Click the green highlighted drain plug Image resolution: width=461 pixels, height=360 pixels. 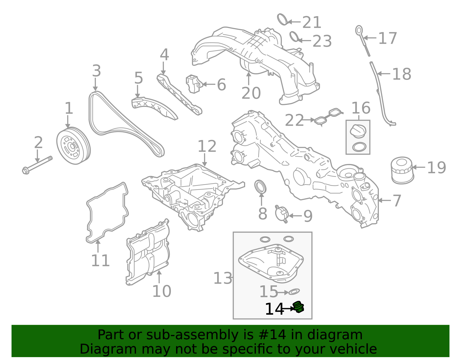coord(298,307)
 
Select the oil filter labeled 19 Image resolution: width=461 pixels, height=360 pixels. coord(402,170)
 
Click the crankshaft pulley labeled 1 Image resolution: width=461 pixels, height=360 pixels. coord(73,146)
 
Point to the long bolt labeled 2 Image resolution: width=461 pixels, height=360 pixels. coord(37,165)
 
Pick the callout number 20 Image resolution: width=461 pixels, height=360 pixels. coord(251,93)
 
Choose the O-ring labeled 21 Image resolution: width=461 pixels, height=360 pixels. coord(283,19)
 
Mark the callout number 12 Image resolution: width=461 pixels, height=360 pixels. coord(207,146)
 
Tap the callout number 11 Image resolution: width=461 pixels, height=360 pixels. coord(100,260)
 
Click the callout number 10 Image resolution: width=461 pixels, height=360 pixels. coord(162,291)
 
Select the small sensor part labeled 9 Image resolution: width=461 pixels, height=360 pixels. coord(282,214)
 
